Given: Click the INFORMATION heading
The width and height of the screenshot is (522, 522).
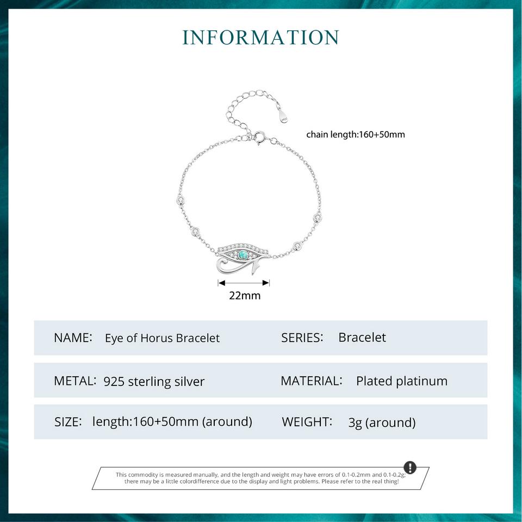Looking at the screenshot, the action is tap(260, 37).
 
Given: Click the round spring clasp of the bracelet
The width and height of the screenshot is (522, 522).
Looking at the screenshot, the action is tap(259, 137).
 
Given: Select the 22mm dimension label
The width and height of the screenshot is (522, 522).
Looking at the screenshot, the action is tap(245, 295).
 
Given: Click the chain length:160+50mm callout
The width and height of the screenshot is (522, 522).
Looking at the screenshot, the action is tap(356, 134).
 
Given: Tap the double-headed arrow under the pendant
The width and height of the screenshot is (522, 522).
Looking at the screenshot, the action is tap(244, 283).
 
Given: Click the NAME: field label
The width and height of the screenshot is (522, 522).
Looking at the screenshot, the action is tap(73, 338).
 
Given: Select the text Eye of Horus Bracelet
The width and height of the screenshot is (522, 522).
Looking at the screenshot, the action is tap(162, 338).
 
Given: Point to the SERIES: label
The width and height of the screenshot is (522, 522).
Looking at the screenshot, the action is tap(302, 338).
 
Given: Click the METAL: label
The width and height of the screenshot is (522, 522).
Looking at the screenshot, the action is tap(75, 381).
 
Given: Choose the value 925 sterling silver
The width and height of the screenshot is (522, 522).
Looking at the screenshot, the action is tap(154, 382).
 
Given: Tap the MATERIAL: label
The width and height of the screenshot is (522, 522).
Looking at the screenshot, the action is tap(312, 381).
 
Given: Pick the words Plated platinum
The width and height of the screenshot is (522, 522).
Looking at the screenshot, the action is tap(402, 381).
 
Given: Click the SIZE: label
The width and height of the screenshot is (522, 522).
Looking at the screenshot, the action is tap(68, 422).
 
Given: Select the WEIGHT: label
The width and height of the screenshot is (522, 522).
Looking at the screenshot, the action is tap(307, 422).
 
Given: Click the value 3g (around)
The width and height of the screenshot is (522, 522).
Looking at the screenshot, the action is tap(382, 423).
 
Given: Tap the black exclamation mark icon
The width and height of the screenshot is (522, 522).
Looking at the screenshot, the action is tap(410, 468).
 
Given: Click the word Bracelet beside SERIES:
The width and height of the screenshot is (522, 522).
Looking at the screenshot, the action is tap(362, 338).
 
